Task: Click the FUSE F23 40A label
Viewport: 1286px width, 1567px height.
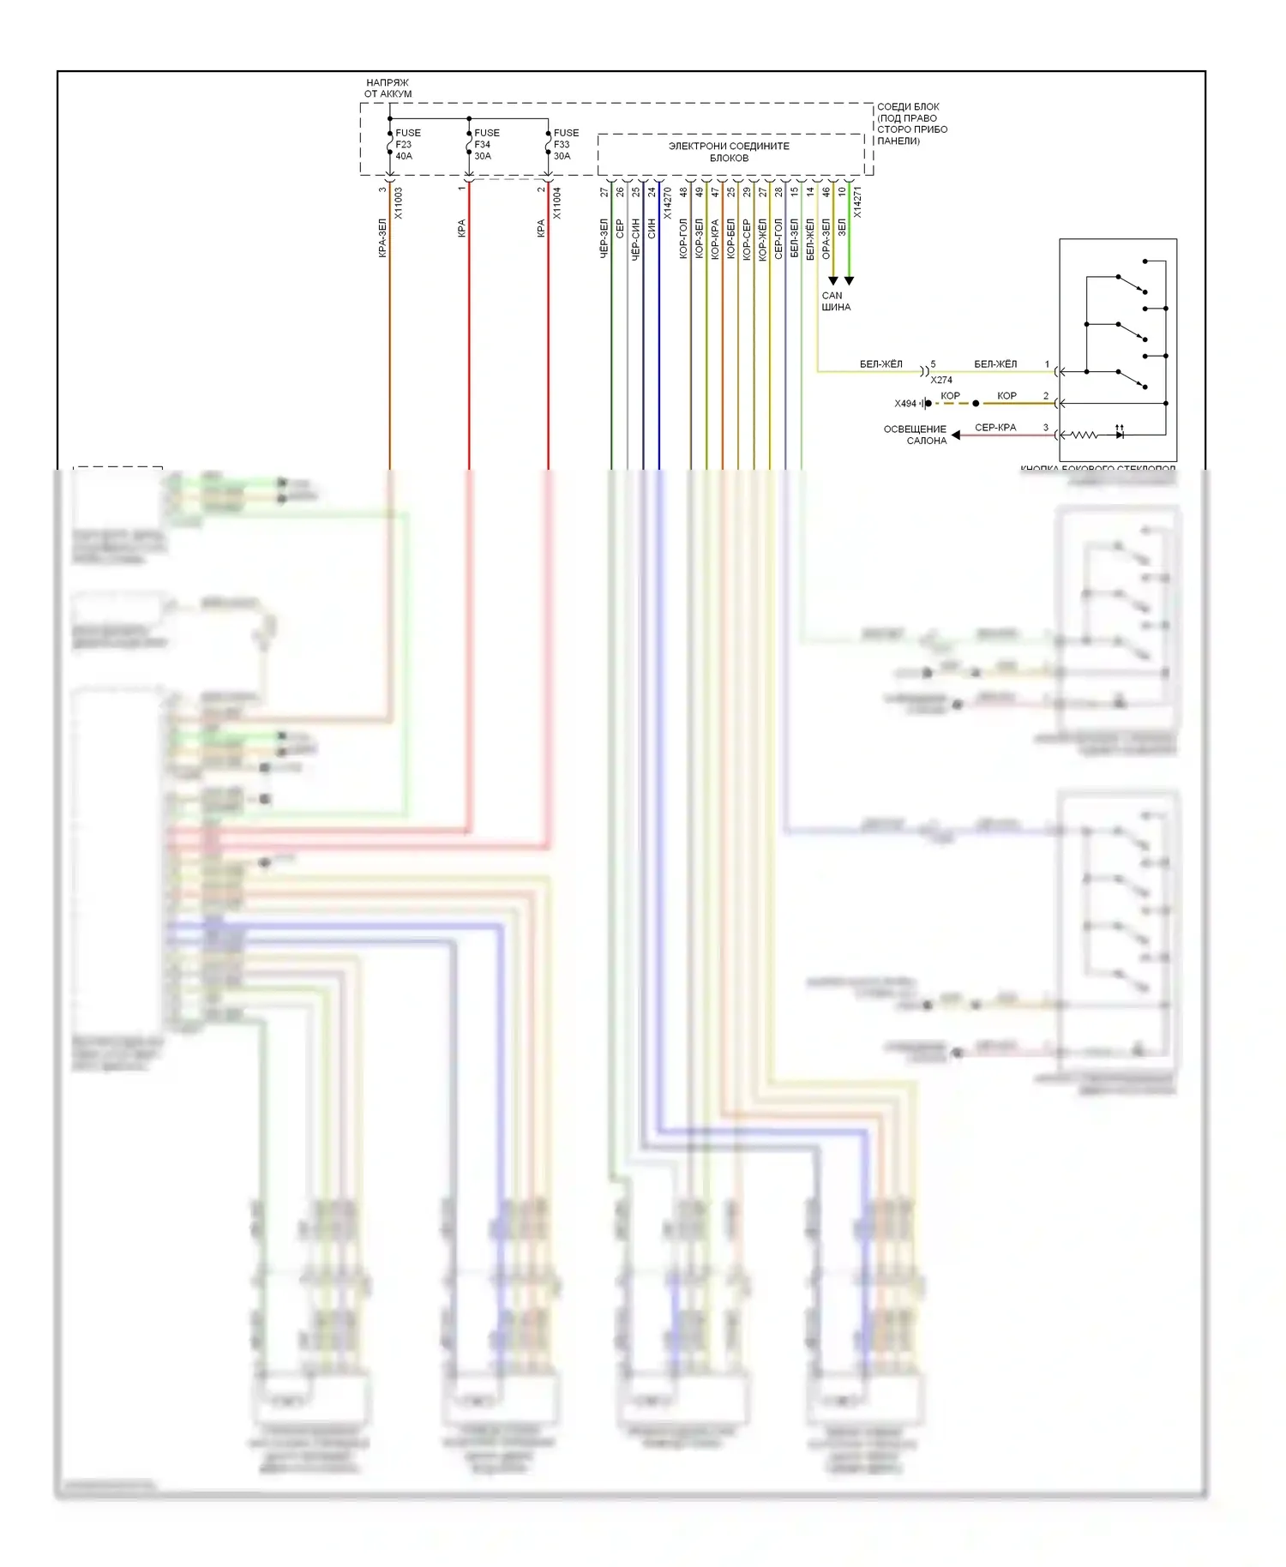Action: coord(407,144)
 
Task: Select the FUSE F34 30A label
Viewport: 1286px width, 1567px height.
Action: coord(486,144)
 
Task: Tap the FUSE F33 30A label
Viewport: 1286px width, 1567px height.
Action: coord(565,144)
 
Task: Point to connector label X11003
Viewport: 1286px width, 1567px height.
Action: coord(399,203)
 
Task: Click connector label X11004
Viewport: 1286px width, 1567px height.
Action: coord(557,203)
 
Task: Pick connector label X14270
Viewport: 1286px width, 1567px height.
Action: coord(668,203)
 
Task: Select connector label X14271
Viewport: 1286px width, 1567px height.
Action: coord(857,201)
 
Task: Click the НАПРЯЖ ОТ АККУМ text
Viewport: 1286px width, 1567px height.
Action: coord(388,88)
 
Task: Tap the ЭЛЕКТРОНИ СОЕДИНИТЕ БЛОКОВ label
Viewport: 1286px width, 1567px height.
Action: coord(729,152)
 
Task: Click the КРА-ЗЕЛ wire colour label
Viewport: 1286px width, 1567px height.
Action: coord(382,237)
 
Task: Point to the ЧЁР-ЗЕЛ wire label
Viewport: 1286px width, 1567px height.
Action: coord(604,237)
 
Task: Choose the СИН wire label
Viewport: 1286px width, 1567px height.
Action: coord(652,228)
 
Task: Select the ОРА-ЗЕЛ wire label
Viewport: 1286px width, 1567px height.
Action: coord(826,237)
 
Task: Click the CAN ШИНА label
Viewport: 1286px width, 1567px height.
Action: coord(835,301)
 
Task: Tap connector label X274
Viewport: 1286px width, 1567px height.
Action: coord(941,380)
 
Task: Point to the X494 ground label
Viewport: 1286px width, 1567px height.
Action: coord(905,404)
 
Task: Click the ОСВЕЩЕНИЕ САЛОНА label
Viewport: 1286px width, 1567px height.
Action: coord(915,435)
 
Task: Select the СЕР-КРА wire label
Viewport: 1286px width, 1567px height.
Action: coord(995,427)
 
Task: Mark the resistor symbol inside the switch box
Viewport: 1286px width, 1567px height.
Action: coord(1084,435)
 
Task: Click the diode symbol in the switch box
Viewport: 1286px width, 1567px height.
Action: coord(1120,435)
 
